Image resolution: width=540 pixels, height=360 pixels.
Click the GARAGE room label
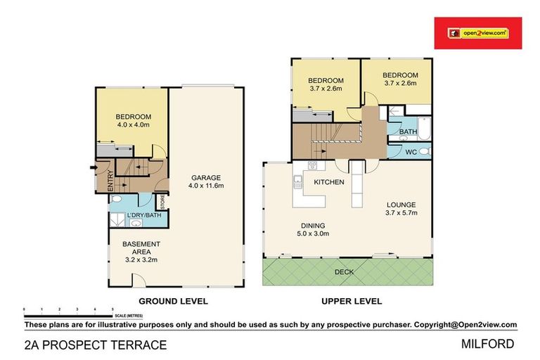[207, 177]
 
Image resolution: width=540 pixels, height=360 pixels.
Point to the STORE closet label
[162, 202]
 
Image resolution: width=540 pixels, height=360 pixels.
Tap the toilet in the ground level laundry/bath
[117, 201]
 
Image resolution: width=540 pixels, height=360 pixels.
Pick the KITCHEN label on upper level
[329, 182]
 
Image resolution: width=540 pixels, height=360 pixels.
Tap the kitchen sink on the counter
[297, 184]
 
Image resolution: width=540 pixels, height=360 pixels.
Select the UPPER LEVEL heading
[352, 301]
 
